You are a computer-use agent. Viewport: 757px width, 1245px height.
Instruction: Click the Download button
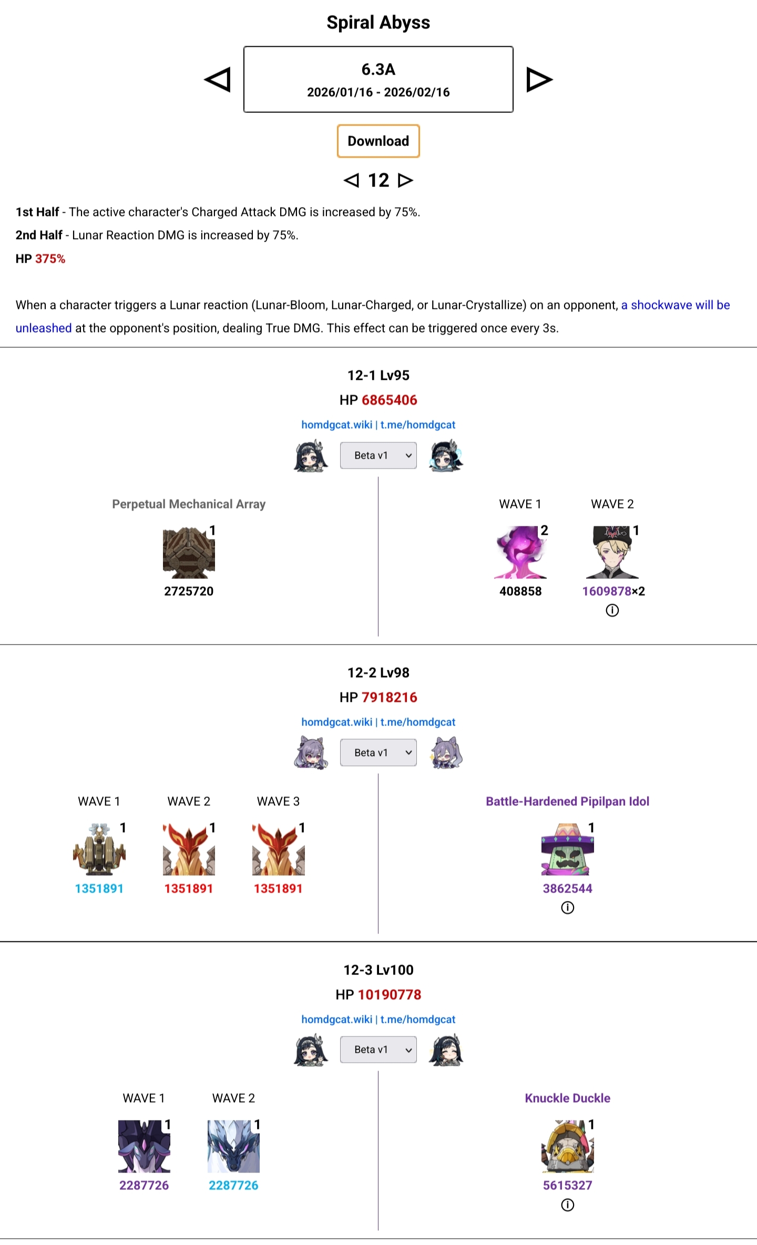pos(378,141)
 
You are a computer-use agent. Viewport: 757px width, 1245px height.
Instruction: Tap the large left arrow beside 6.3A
pos(218,80)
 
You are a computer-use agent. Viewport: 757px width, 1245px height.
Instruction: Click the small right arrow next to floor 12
pos(405,180)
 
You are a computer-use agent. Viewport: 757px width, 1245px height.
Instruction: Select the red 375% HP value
pos(50,258)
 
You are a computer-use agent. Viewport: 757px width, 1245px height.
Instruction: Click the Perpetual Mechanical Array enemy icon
pos(189,553)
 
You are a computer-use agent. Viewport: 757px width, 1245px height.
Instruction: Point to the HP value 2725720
pos(189,591)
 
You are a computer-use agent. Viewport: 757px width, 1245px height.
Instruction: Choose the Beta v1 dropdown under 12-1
pos(378,455)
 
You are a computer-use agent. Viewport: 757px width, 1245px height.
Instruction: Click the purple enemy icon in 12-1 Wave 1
pos(520,553)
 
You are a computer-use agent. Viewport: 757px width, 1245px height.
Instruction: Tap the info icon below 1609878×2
pos(612,610)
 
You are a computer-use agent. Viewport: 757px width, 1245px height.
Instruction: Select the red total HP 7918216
pos(389,697)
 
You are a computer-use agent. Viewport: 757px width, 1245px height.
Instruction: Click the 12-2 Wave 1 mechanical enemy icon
pos(99,849)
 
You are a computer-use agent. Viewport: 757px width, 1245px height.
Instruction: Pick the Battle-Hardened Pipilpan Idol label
pos(567,801)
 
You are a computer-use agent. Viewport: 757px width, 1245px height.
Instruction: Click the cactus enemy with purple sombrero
pos(567,849)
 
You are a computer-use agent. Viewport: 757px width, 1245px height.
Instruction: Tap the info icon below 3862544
pos(567,908)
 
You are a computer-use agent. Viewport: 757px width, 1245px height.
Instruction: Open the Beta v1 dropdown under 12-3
pos(378,1050)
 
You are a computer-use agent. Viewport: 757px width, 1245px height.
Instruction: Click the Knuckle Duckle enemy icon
pos(567,1147)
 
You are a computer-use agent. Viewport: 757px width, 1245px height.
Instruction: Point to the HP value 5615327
pos(567,1185)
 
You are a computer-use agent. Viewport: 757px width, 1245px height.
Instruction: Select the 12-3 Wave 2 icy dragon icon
pos(233,1147)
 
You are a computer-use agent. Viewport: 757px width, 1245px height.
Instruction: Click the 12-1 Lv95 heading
pos(378,375)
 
